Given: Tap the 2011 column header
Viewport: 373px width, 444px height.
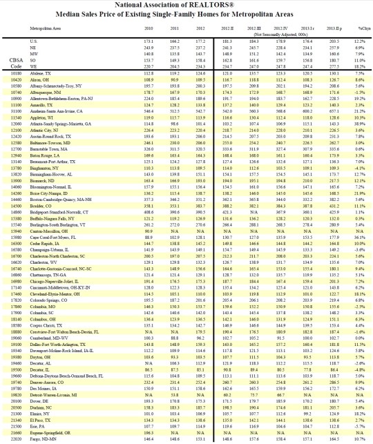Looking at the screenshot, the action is (174, 28).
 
